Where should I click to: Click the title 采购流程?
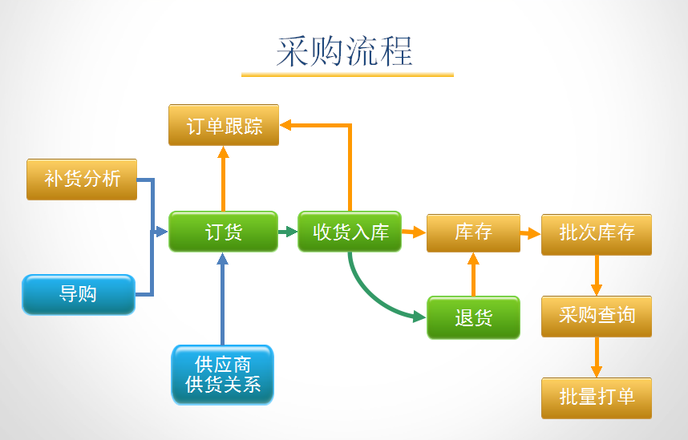click(x=345, y=51)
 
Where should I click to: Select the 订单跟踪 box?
click(x=224, y=125)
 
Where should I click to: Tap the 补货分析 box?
click(x=82, y=179)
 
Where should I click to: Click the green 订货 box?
click(x=223, y=232)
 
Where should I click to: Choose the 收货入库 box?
click(x=350, y=232)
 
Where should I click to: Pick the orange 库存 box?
click(x=473, y=232)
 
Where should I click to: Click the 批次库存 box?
click(x=596, y=233)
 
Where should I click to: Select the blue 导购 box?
click(x=78, y=294)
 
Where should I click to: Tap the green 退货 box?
click(x=473, y=317)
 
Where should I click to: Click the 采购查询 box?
click(x=596, y=316)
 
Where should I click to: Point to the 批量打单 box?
click(x=596, y=398)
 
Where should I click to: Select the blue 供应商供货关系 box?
click(x=223, y=374)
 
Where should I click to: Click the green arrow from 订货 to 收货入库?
click(x=288, y=232)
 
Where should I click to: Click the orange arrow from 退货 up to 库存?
click(x=473, y=274)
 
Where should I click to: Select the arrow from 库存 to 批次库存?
click(x=530, y=233)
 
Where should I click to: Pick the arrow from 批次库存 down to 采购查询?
click(x=596, y=276)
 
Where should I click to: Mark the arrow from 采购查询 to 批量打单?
click(x=596, y=357)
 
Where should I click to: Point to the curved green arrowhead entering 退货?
click(x=419, y=317)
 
